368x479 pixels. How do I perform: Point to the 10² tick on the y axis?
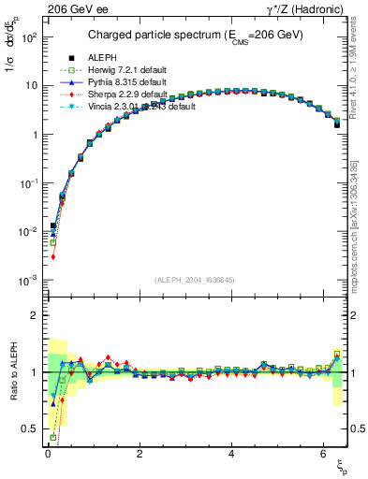coord(29,36)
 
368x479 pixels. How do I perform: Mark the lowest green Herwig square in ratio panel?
coord(53,437)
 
